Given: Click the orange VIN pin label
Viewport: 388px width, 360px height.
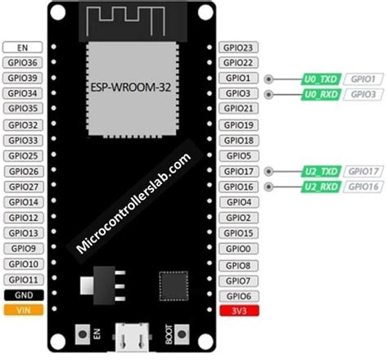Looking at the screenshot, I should pyautogui.click(x=23, y=311).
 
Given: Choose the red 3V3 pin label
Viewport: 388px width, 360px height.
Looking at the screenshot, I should pyautogui.click(x=238, y=311).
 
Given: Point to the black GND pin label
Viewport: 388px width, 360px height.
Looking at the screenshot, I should pyautogui.click(x=23, y=295).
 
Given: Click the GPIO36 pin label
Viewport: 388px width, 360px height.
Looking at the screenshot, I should pyautogui.click(x=23, y=63).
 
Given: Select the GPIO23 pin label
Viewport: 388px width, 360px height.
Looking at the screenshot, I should pyautogui.click(x=238, y=47).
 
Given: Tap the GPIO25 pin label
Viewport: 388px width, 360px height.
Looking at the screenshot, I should pyautogui.click(x=23, y=155).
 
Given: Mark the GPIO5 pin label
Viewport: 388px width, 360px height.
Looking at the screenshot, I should pyautogui.click(x=238, y=155).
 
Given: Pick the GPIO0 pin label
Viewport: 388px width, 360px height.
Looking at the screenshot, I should pyautogui.click(x=238, y=249).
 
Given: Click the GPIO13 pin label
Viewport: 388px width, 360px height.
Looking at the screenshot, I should pyautogui.click(x=23, y=233).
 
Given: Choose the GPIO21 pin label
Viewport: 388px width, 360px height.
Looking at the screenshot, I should pyautogui.click(x=238, y=109).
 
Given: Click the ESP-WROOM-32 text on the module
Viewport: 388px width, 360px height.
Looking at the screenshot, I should pyautogui.click(x=129, y=85).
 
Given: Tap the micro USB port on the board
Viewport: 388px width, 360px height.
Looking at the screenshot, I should pyautogui.click(x=129, y=334).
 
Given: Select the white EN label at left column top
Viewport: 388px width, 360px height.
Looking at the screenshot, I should pyautogui.click(x=23, y=47).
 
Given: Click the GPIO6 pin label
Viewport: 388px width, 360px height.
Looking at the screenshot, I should pyautogui.click(x=238, y=295).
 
